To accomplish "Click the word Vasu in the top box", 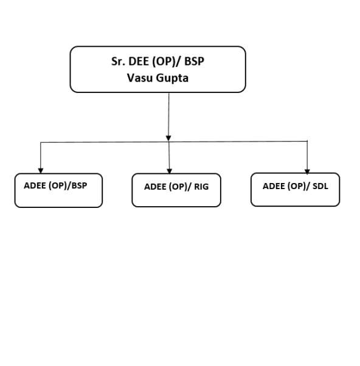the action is (x=139, y=78).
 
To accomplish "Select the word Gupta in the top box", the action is (x=172, y=78).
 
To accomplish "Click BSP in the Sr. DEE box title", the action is (x=194, y=61).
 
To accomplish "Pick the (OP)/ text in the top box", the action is (x=167, y=62).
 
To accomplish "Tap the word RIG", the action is (x=201, y=187).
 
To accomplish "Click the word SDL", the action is (x=320, y=186).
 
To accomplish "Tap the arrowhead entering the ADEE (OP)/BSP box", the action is (x=41, y=171).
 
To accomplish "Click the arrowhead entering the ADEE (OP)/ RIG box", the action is (x=170, y=171).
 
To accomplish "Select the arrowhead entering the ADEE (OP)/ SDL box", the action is (x=307, y=171).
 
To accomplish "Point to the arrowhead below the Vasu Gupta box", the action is (x=168, y=138).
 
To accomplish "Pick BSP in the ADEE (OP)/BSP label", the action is (x=80, y=185).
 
